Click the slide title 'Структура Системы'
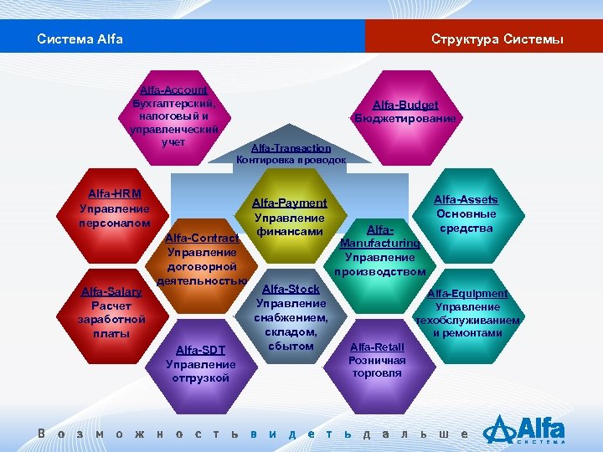[x=497, y=39]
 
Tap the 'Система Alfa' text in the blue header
[x=80, y=39]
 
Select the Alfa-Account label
[x=174, y=90]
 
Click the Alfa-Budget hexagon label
[x=405, y=105]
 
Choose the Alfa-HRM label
[x=114, y=194]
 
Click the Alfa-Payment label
[x=289, y=203]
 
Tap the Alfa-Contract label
[x=202, y=238]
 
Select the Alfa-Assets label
[x=466, y=199]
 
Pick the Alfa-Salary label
[x=111, y=291]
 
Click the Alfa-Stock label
[x=291, y=289]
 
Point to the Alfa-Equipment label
[x=467, y=293]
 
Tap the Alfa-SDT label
[x=200, y=350]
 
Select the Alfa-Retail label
[x=376, y=347]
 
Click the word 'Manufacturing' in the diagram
[x=379, y=243]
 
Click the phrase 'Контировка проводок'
[x=291, y=159]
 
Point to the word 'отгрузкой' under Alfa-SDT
[x=200, y=378]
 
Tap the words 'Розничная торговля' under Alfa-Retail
[x=376, y=367]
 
